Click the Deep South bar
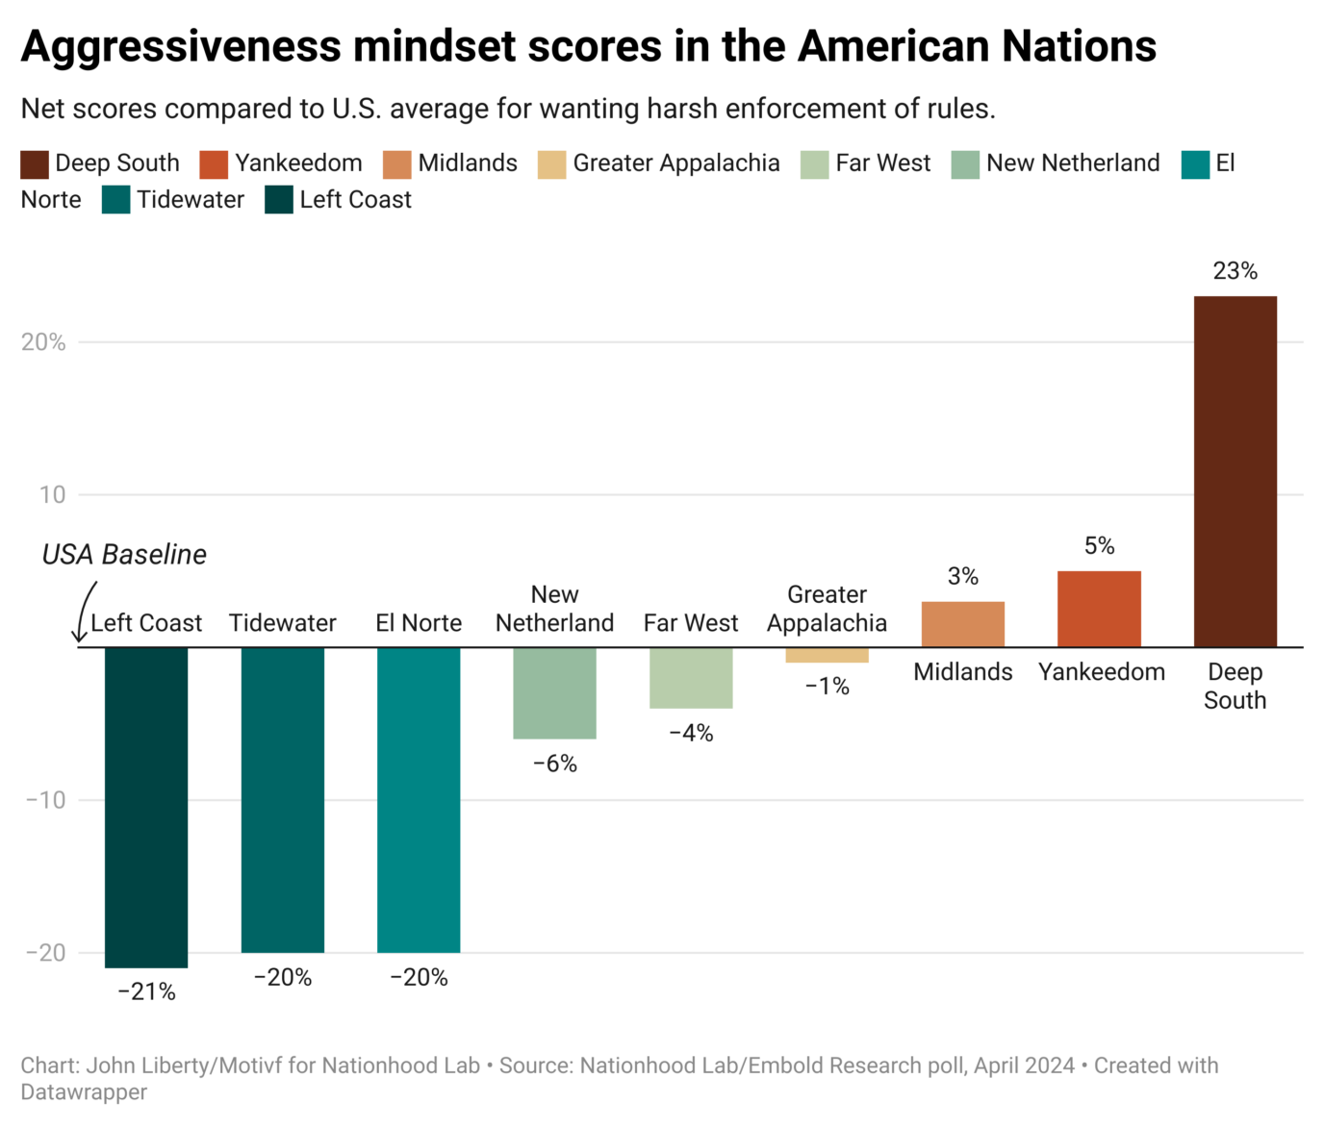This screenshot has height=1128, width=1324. point(1235,471)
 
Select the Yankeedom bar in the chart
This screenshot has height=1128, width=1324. point(1099,609)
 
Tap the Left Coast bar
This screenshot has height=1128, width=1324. point(146,807)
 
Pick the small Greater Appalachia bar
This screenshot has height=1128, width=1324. point(827,655)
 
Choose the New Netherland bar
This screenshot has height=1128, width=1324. point(554,692)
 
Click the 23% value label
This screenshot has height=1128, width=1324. point(1235,271)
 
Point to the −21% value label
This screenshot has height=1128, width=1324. point(146,991)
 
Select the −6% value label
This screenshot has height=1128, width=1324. point(554,764)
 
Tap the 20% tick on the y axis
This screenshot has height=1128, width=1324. point(43,342)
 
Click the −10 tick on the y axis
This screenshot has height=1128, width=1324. point(45,800)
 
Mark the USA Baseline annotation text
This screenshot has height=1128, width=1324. point(124,555)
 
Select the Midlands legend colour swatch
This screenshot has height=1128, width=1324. point(396,164)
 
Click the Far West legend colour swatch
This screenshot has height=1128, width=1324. point(814,164)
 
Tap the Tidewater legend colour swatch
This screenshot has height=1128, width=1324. point(115,201)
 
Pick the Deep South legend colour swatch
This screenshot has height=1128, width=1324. point(35,164)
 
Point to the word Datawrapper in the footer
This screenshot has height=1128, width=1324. point(84,1092)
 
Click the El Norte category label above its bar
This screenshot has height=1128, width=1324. point(419,623)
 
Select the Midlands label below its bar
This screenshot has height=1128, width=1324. point(962,672)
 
